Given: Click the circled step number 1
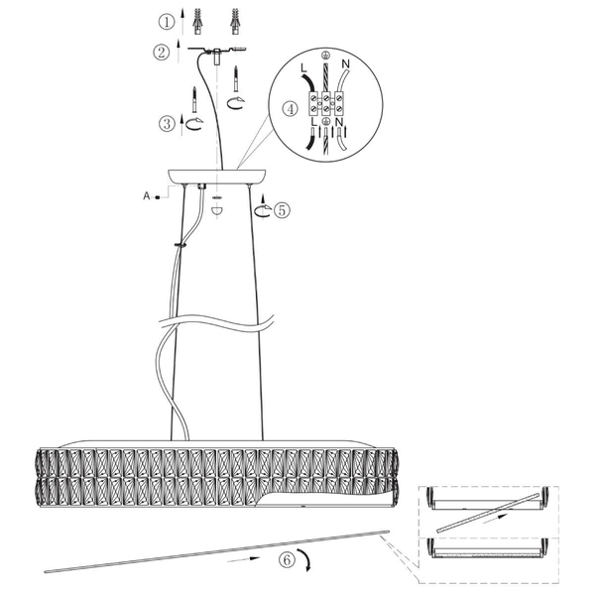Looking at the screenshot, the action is (167, 22).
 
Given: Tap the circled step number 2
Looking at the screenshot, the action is (162, 52).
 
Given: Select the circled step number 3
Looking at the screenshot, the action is (167, 124).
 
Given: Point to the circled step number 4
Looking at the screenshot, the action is (291, 109).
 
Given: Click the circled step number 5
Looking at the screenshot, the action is (282, 210).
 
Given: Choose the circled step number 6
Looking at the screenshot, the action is (287, 560).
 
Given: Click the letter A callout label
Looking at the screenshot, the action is (147, 196).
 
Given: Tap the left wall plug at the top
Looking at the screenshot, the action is (197, 21).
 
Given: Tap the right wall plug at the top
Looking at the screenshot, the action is (235, 21).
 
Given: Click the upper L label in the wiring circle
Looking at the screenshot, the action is (303, 68).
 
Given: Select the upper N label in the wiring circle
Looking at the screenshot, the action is (345, 63).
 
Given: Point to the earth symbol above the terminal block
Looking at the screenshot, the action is (324, 55).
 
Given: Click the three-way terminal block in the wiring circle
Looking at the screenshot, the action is (325, 103).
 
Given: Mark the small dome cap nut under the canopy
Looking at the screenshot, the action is (216, 211).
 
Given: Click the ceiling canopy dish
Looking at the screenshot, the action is (217, 177).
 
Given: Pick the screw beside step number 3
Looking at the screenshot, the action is (194, 99).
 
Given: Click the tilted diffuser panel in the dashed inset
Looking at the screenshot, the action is (488, 513).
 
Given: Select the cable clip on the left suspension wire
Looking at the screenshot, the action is (180, 245).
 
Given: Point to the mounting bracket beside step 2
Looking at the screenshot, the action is (217, 51).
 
